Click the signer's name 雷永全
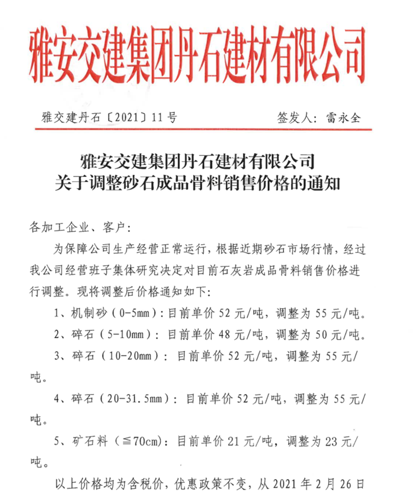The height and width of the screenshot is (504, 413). click(x=343, y=118)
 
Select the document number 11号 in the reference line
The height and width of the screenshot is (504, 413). click(x=165, y=118)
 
